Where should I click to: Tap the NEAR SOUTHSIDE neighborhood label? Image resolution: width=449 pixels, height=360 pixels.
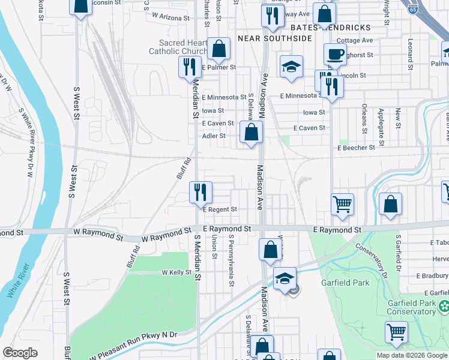pyautogui.click(x=275, y=38)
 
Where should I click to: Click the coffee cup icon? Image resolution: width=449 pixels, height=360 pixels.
pyautogui.click(x=335, y=54)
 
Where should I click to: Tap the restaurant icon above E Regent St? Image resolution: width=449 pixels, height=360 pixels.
pyautogui.click(x=200, y=192)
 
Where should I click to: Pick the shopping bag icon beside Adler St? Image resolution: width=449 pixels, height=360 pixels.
pyautogui.click(x=252, y=133)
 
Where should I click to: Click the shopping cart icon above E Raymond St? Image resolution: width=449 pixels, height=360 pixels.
pyautogui.click(x=342, y=204)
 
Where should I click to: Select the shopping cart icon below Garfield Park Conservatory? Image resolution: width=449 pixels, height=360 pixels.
pyautogui.click(x=397, y=331)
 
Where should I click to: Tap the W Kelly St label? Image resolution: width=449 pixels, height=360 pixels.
pyautogui.click(x=176, y=272)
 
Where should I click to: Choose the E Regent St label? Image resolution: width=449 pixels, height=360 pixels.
pyautogui.click(x=220, y=209)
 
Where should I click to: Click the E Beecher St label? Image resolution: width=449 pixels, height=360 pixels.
pyautogui.click(x=356, y=148)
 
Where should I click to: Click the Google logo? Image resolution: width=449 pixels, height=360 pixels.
pyautogui.click(x=20, y=353)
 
